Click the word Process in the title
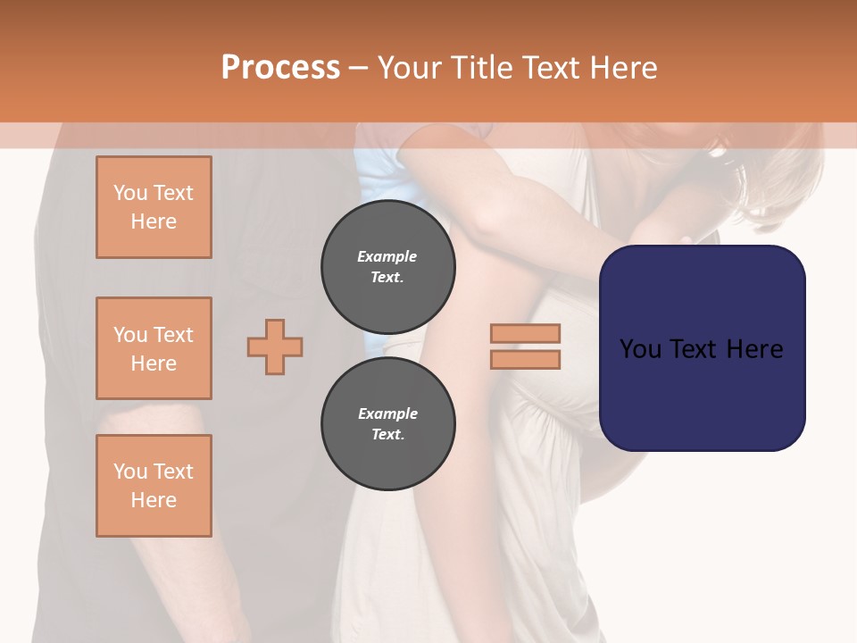pos(280,68)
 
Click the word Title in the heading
pos(482,68)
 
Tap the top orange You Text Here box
pos(154,207)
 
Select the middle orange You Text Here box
pos(154,348)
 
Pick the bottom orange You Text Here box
pos(154,486)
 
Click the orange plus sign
pos(275,347)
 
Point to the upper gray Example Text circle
pos(387,267)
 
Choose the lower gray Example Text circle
pos(387,424)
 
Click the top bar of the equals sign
pos(525,333)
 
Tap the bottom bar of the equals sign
pos(525,359)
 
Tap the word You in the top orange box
pos(130,193)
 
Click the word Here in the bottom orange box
pos(154,500)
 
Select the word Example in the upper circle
pos(387,256)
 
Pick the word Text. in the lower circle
pos(387,435)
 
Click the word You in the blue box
pos(641,349)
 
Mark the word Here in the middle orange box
pos(154,363)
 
